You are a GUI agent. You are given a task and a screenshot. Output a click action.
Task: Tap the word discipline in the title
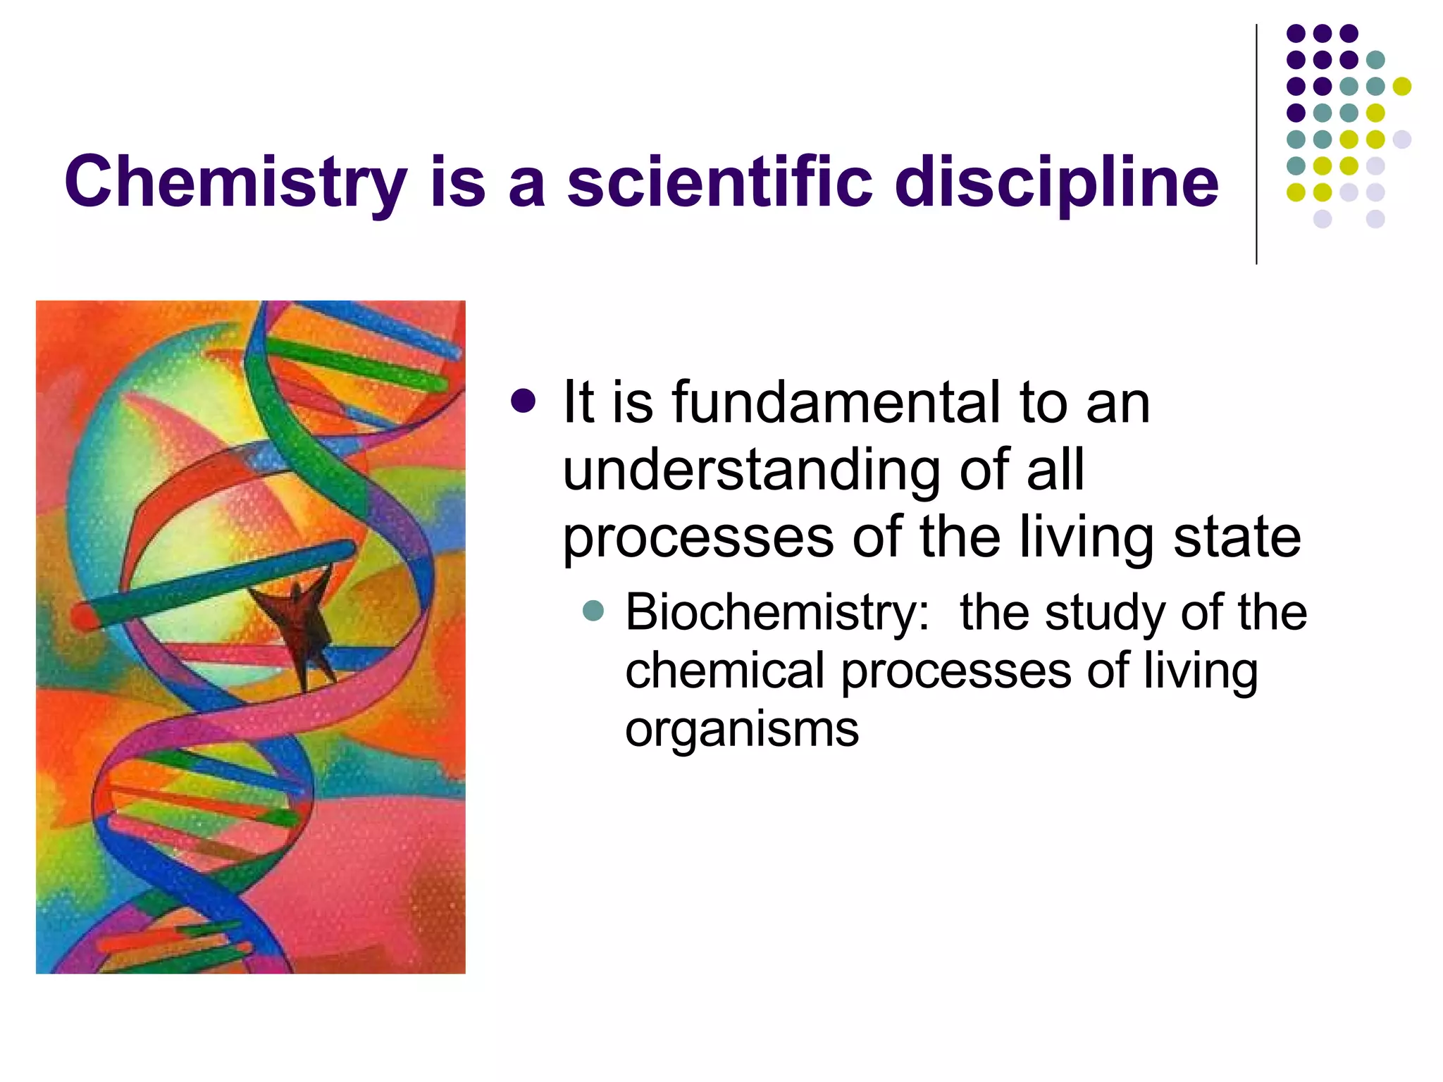(1056, 182)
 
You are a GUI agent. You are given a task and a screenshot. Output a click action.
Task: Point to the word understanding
(750, 471)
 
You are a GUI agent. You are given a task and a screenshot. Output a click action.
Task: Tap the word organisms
(742, 729)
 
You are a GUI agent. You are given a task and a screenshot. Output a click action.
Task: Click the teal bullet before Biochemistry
(594, 610)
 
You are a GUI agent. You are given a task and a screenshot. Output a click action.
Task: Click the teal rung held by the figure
(211, 585)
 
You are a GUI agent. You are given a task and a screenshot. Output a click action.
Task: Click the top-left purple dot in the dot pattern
(1296, 33)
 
